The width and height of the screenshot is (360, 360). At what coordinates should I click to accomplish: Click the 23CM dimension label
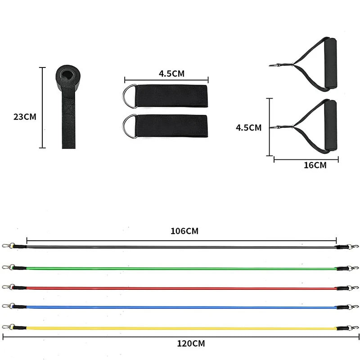point(25,117)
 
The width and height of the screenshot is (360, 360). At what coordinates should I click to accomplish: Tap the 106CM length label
point(184,231)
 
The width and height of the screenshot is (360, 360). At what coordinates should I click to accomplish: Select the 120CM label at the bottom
point(190,343)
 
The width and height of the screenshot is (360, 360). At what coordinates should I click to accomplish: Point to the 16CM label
point(315,165)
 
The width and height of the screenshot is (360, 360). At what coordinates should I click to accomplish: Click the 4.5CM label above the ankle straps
point(171,73)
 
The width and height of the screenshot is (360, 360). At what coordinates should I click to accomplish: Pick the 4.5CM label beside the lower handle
point(248,127)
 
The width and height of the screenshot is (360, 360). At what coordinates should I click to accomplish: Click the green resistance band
point(180,269)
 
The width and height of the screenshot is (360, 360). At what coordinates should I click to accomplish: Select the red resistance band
point(180,288)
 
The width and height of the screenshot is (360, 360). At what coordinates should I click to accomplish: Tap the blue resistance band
point(180,307)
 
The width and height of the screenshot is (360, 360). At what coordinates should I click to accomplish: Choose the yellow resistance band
point(180,328)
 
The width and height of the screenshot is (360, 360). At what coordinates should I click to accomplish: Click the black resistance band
point(180,247)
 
